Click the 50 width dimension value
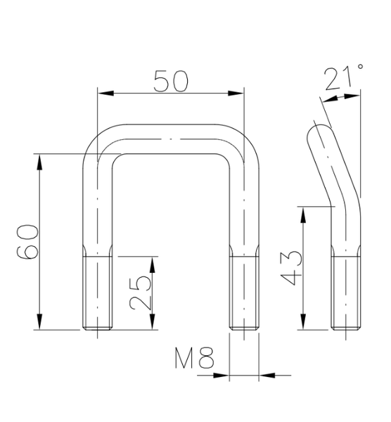pos(171,82)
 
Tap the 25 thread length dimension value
pos(141,292)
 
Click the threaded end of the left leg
pos(98,293)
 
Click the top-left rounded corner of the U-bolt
pos(95,141)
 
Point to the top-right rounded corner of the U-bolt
pos(247,141)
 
